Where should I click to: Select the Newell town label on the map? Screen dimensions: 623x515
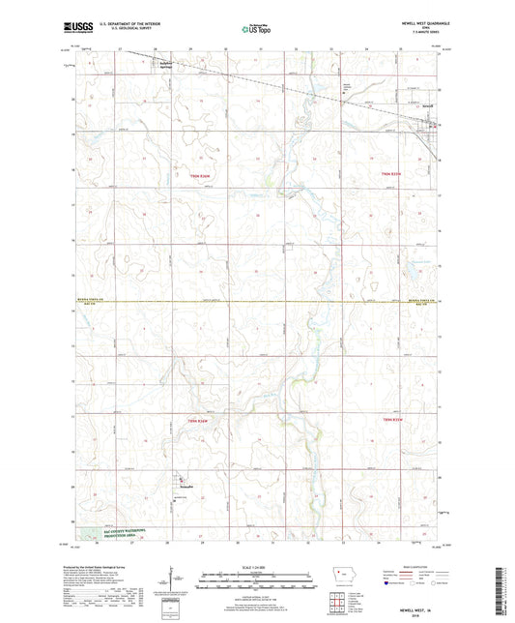pyautogui.click(x=428, y=106)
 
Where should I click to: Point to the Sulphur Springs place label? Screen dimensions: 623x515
pyautogui.click(x=168, y=63)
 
